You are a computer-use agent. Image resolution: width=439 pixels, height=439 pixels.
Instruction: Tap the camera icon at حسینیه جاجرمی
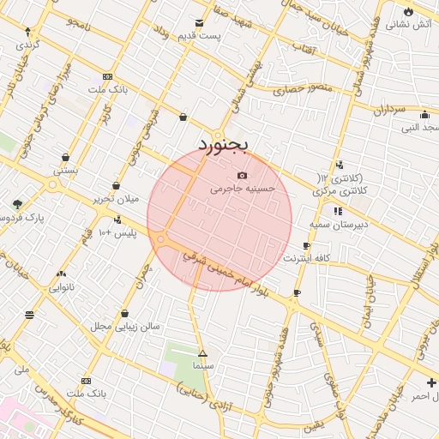click(242, 175)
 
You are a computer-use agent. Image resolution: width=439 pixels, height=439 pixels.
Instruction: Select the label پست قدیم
click(199, 36)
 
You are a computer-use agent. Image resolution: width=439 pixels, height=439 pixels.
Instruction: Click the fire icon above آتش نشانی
click(408, 11)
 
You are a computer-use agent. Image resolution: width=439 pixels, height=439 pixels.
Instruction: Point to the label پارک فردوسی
click(20, 218)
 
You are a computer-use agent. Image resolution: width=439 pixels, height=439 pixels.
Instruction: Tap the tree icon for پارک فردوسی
click(18, 204)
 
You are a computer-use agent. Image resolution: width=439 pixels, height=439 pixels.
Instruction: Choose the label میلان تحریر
click(116, 199)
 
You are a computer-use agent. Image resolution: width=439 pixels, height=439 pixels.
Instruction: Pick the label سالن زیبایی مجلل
click(125, 327)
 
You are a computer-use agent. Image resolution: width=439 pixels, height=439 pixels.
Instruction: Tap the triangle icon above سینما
click(203, 353)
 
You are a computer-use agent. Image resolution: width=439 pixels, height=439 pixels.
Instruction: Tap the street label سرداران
click(388, 109)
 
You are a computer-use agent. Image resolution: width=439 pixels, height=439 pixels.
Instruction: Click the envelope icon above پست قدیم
click(200, 23)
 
